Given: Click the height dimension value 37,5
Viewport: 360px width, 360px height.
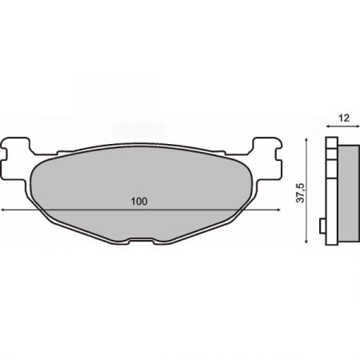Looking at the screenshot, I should (x=300, y=193).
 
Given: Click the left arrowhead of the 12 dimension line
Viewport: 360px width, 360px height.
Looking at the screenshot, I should (x=327, y=127).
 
